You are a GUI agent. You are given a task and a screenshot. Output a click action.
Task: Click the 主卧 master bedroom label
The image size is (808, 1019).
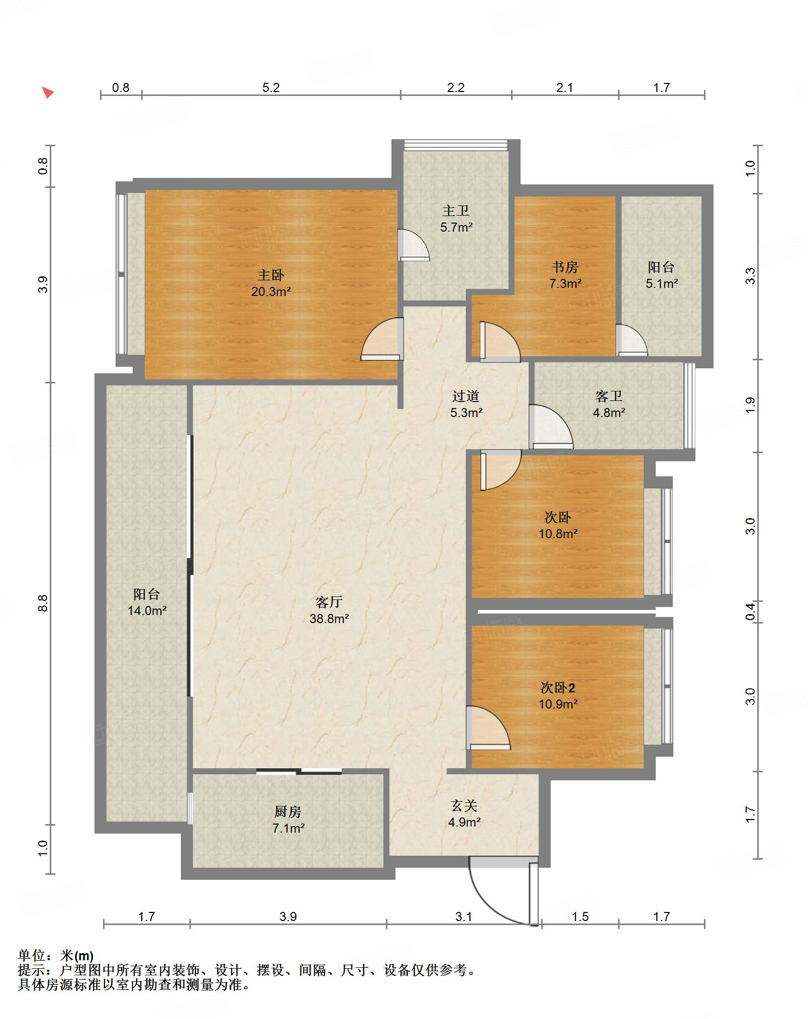(271, 275)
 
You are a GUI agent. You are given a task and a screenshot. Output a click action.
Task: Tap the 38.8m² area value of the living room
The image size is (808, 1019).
(329, 619)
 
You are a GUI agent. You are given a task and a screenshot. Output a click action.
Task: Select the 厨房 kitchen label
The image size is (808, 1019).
(288, 811)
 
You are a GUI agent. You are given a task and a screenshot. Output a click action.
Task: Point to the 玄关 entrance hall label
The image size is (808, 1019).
(464, 806)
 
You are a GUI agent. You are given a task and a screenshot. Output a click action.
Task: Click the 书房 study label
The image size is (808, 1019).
(565, 267)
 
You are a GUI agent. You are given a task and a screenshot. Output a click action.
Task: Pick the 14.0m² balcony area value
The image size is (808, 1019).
(147, 610)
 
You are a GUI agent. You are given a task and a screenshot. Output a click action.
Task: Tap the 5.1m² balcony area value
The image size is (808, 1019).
(662, 283)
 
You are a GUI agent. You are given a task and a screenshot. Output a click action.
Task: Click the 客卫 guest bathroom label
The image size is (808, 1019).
(609, 396)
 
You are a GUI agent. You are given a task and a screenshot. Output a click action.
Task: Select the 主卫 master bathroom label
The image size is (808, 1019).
(456, 211)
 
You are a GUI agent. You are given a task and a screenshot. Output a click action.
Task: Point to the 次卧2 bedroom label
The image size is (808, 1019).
(558, 687)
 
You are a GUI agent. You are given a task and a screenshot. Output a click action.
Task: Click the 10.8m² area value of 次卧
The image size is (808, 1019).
(558, 534)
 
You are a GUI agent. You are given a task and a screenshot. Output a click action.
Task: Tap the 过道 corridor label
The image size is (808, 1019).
(466, 396)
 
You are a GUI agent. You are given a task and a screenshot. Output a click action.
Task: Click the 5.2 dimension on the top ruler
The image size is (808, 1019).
(271, 87)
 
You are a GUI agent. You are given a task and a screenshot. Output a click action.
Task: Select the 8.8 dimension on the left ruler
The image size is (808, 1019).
(43, 603)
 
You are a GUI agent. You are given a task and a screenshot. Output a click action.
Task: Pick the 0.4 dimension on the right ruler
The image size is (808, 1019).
(750, 612)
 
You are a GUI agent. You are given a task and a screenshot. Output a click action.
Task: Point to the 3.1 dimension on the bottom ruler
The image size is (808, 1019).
(464, 916)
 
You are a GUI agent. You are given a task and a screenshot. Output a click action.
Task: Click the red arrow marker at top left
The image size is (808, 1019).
(48, 92)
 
